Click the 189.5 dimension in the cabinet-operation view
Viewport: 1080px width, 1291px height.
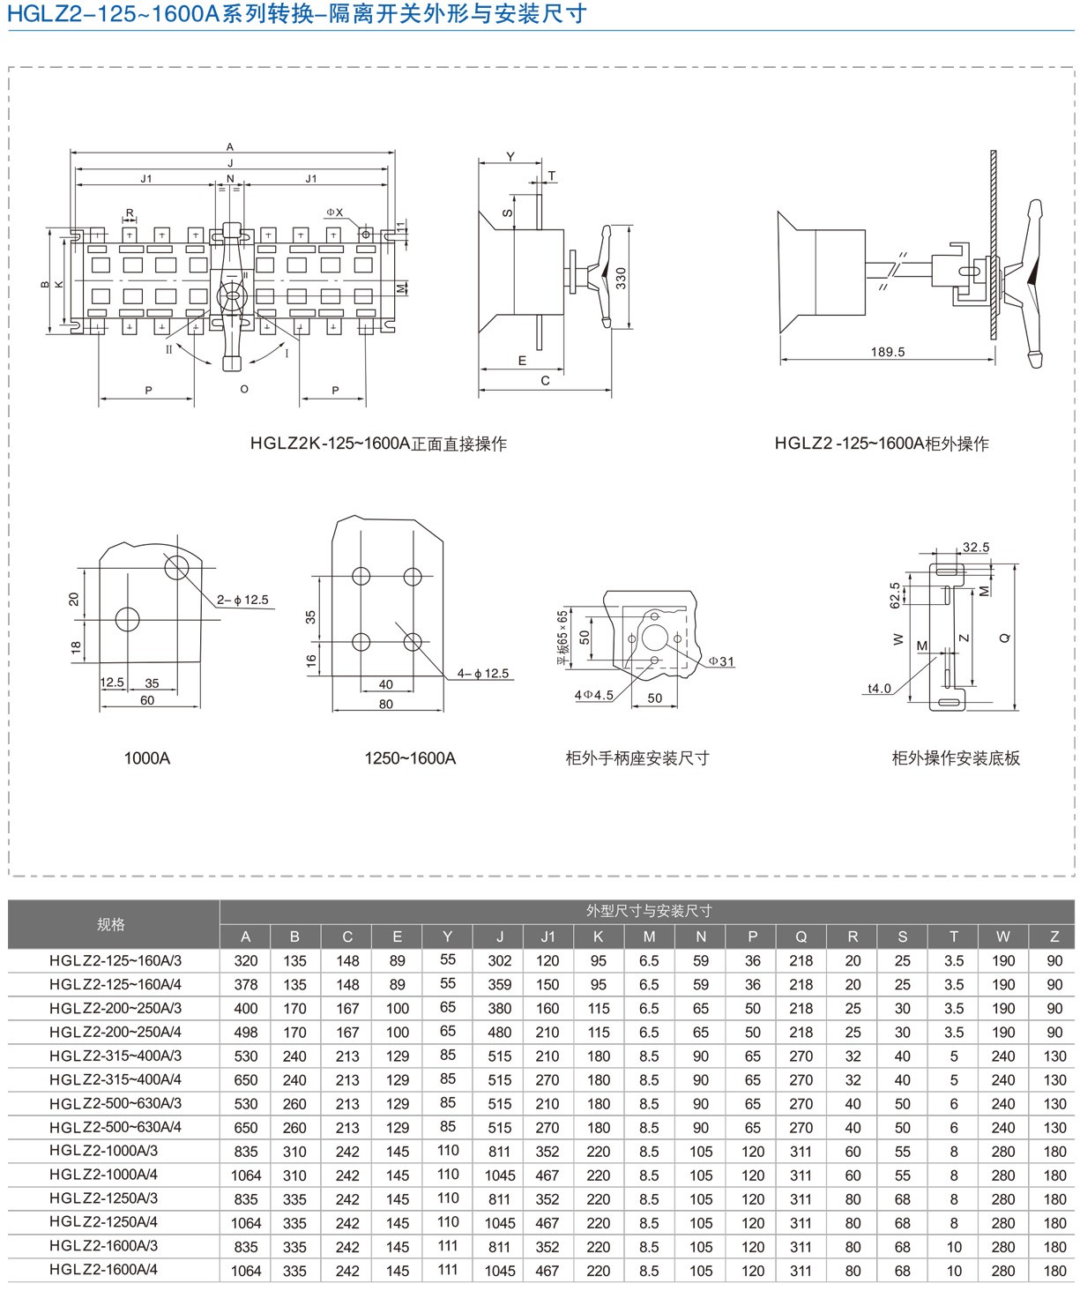click(x=888, y=352)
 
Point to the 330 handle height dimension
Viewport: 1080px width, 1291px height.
click(x=621, y=279)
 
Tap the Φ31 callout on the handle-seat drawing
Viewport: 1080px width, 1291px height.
click(x=721, y=661)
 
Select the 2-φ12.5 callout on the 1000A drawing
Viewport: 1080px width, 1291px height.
click(x=242, y=600)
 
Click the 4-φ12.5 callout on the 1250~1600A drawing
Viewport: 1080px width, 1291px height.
click(x=482, y=674)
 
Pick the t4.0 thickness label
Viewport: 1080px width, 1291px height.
click(x=879, y=689)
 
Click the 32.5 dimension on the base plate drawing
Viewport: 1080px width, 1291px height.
click(x=976, y=548)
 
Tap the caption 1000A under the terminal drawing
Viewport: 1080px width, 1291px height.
click(x=147, y=758)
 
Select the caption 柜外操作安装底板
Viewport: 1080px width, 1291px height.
click(x=956, y=758)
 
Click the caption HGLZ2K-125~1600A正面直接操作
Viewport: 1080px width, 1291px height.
click(x=378, y=444)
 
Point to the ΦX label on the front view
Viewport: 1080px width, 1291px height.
click(x=335, y=213)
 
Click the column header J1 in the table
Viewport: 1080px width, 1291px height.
click(x=547, y=937)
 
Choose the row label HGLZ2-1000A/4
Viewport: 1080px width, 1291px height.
click(x=104, y=1175)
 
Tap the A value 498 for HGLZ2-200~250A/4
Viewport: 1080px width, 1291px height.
click(x=246, y=1032)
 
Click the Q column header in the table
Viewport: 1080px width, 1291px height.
click(x=801, y=937)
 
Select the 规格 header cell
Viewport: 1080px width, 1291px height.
click(x=111, y=924)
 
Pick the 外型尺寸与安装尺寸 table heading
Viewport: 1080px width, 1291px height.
click(x=648, y=911)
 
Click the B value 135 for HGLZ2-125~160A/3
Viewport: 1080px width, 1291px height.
click(x=294, y=960)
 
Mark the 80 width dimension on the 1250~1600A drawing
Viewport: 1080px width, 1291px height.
click(x=386, y=705)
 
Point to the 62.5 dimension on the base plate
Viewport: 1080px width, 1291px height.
click(x=896, y=595)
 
